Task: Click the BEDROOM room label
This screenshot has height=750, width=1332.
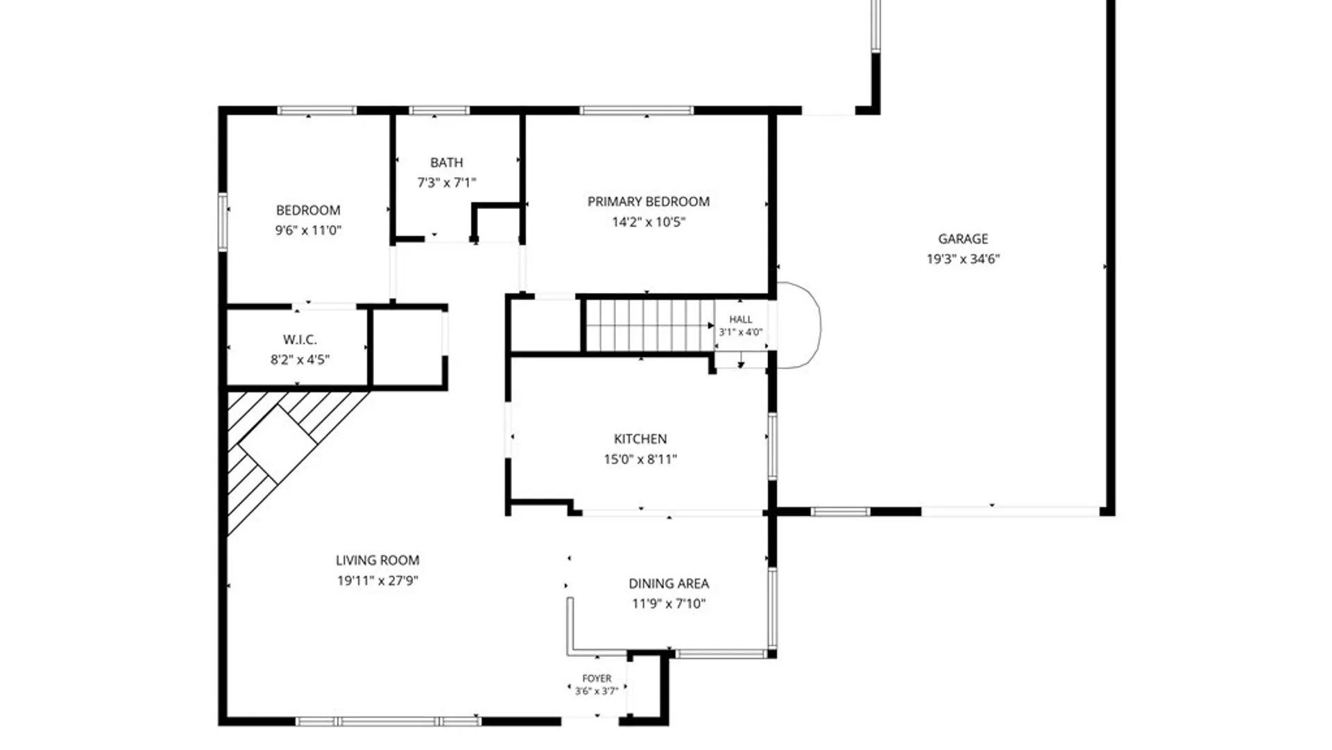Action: [x=308, y=210]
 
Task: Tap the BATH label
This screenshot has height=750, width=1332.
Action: [x=447, y=162]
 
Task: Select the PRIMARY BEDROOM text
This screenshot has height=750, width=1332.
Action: [x=649, y=202]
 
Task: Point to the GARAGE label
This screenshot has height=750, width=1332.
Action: [x=963, y=239]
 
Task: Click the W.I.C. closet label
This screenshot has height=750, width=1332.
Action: [x=300, y=340]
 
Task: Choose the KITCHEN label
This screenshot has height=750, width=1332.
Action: [x=640, y=439]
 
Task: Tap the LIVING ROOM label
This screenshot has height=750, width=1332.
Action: [x=377, y=560]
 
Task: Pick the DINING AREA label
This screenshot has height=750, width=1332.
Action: [x=669, y=584]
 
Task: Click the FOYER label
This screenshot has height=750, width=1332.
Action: [x=597, y=678]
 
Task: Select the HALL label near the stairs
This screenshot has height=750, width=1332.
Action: [x=740, y=319]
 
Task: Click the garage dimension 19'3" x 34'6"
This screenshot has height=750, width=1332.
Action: [x=963, y=259]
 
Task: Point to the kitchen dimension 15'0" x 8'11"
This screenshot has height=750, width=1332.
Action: [x=640, y=459]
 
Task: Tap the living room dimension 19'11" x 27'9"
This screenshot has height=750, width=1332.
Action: [x=377, y=581]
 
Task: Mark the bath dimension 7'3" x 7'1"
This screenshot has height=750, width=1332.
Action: [x=447, y=183]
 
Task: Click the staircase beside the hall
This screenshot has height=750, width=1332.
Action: [x=649, y=326]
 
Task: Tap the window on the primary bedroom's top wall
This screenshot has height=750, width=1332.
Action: [x=636, y=110]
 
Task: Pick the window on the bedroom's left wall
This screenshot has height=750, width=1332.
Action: [x=223, y=222]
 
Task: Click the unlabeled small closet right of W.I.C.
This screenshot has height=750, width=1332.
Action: [x=408, y=347]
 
